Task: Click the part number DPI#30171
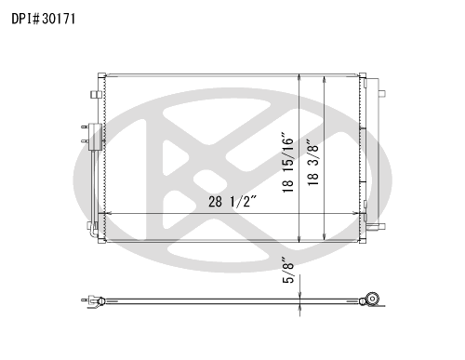tap(44, 19)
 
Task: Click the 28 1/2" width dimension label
tap(232, 202)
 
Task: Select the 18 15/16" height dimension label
tap(287, 163)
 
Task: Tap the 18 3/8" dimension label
tap(313, 162)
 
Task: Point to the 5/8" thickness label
tap(287, 270)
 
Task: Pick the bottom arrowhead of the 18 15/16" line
tap(299, 239)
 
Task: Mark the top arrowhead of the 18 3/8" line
tap(325, 79)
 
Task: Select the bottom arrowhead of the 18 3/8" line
tap(325, 237)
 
